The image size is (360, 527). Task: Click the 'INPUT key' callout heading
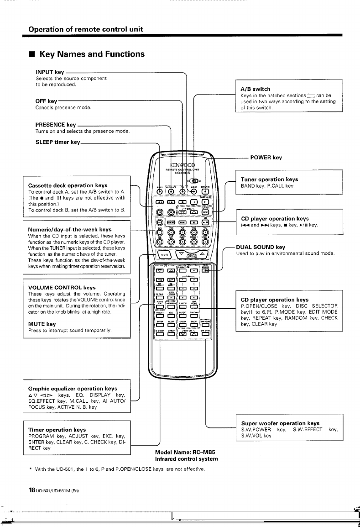(x=50, y=72)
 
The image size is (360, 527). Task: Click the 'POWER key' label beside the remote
(x=266, y=158)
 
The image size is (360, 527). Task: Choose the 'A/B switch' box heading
(x=256, y=89)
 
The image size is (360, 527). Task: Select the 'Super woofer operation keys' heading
(x=280, y=423)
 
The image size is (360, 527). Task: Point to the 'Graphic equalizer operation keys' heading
(x=73, y=388)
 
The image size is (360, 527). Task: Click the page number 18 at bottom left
(x=32, y=490)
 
